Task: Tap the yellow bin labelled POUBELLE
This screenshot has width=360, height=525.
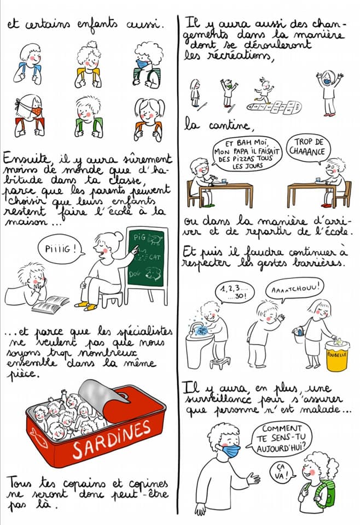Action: pyautogui.click(x=337, y=355)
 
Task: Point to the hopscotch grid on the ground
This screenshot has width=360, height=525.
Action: pyautogui.click(x=275, y=107)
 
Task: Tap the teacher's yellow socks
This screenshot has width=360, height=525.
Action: pyautogui.click(x=86, y=306)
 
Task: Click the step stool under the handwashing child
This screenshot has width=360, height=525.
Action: pyautogui.click(x=220, y=362)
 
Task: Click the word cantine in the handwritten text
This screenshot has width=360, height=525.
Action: pyautogui.click(x=229, y=125)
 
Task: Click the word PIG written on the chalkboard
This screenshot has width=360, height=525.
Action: pyautogui.click(x=140, y=237)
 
